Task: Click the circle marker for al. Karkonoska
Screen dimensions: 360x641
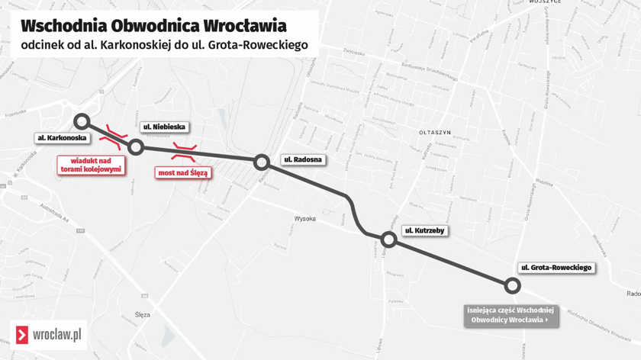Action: (x=82, y=121)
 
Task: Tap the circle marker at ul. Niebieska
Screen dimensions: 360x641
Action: (x=136, y=146)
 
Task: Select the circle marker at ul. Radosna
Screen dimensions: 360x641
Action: (x=262, y=162)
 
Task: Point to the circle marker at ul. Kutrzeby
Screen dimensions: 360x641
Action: (x=388, y=240)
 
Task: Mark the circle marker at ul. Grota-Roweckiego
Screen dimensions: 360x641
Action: (x=512, y=286)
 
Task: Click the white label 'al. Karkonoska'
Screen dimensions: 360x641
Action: (x=62, y=138)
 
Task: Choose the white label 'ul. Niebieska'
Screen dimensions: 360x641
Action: (x=164, y=127)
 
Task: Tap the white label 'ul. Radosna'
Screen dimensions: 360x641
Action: (x=303, y=159)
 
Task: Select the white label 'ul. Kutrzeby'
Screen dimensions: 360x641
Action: (x=424, y=230)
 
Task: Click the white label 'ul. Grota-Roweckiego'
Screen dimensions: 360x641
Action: (x=556, y=268)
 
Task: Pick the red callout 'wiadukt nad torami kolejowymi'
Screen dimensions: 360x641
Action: (x=91, y=165)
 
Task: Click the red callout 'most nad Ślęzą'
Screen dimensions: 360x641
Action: (x=183, y=173)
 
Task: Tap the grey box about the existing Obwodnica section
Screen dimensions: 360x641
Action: (x=511, y=315)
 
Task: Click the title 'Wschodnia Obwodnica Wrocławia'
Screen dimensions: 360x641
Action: (x=153, y=26)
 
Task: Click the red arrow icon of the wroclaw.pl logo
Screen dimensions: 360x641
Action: (x=22, y=335)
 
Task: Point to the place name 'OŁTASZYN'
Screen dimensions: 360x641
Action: (x=435, y=133)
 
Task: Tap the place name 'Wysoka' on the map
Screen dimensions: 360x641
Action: (x=305, y=219)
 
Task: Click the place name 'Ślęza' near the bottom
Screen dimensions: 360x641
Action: (x=142, y=314)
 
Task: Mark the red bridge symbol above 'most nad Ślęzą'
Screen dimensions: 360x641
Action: (x=184, y=152)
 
